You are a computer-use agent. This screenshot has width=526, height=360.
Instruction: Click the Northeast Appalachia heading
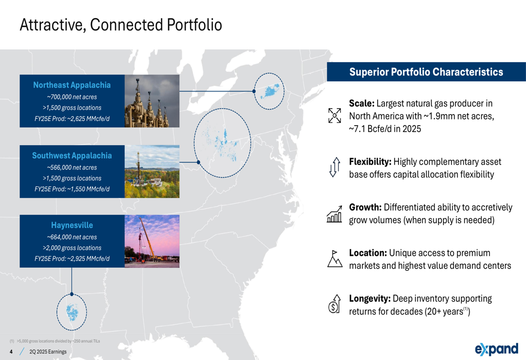tap(72, 85)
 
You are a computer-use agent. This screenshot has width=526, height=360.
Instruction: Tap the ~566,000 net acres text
tap(72, 168)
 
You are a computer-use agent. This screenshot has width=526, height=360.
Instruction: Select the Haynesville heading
tap(72, 225)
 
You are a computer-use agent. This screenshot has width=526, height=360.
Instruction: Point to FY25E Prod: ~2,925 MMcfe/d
tap(72, 259)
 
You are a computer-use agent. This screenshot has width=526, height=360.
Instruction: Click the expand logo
tap(497, 349)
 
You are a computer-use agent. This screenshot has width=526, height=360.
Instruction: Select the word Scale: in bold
tap(362, 103)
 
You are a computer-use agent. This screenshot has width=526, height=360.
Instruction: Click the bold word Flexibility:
tap(370, 162)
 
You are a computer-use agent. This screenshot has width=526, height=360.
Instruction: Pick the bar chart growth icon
tap(335, 214)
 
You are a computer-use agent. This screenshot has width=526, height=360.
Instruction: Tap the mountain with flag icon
tap(335, 259)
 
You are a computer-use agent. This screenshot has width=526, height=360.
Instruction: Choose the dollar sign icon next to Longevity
tap(334, 304)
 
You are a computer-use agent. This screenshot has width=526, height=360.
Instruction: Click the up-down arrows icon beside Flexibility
tap(335, 167)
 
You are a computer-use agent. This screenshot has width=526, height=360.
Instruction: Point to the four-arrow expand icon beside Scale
tap(335, 115)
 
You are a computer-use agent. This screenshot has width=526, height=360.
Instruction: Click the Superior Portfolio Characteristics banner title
tap(426, 72)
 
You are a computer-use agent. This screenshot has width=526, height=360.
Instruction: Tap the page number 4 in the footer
tap(11, 352)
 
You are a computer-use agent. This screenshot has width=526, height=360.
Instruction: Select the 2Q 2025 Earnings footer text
tap(48, 352)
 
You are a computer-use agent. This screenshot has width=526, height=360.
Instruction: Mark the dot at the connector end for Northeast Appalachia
tap(254, 91)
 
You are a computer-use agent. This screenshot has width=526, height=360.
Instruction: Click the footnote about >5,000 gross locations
tap(55, 341)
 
